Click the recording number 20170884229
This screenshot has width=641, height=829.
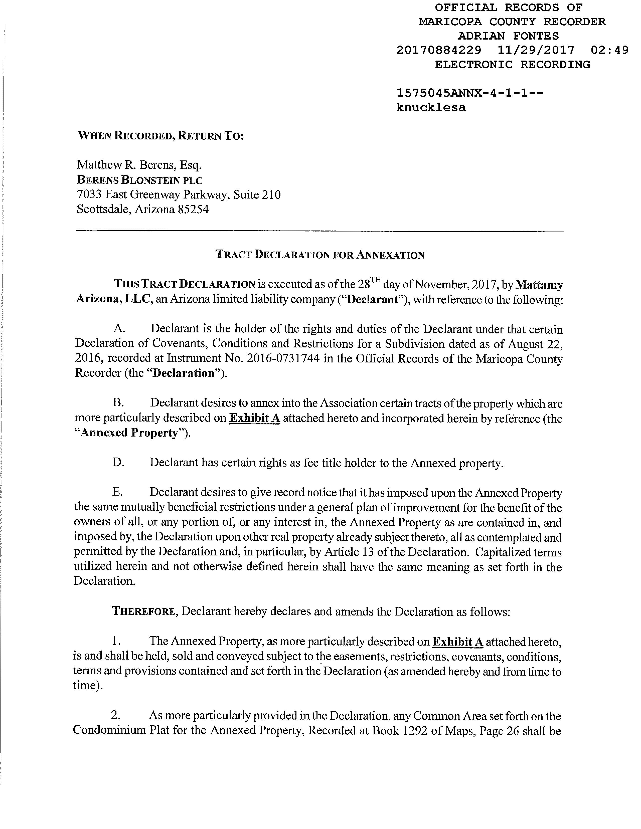[x=439, y=50]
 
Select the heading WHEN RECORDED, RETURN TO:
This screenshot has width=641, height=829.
[x=160, y=136]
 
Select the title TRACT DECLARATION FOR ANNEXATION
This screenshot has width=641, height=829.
[x=320, y=255]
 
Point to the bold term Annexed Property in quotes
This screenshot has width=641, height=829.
[x=129, y=433]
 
